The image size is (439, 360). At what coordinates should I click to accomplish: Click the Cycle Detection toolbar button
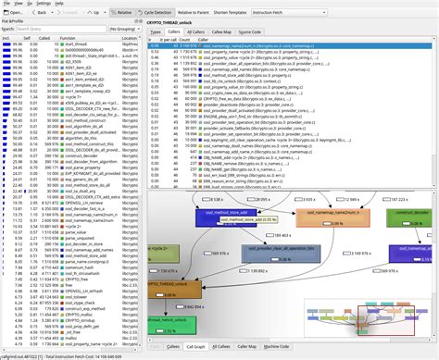point(190,14)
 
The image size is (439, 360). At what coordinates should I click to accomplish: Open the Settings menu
point(44,4)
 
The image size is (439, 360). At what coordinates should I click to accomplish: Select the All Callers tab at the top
point(195,31)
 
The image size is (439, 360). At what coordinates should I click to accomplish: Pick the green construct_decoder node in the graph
point(408,214)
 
